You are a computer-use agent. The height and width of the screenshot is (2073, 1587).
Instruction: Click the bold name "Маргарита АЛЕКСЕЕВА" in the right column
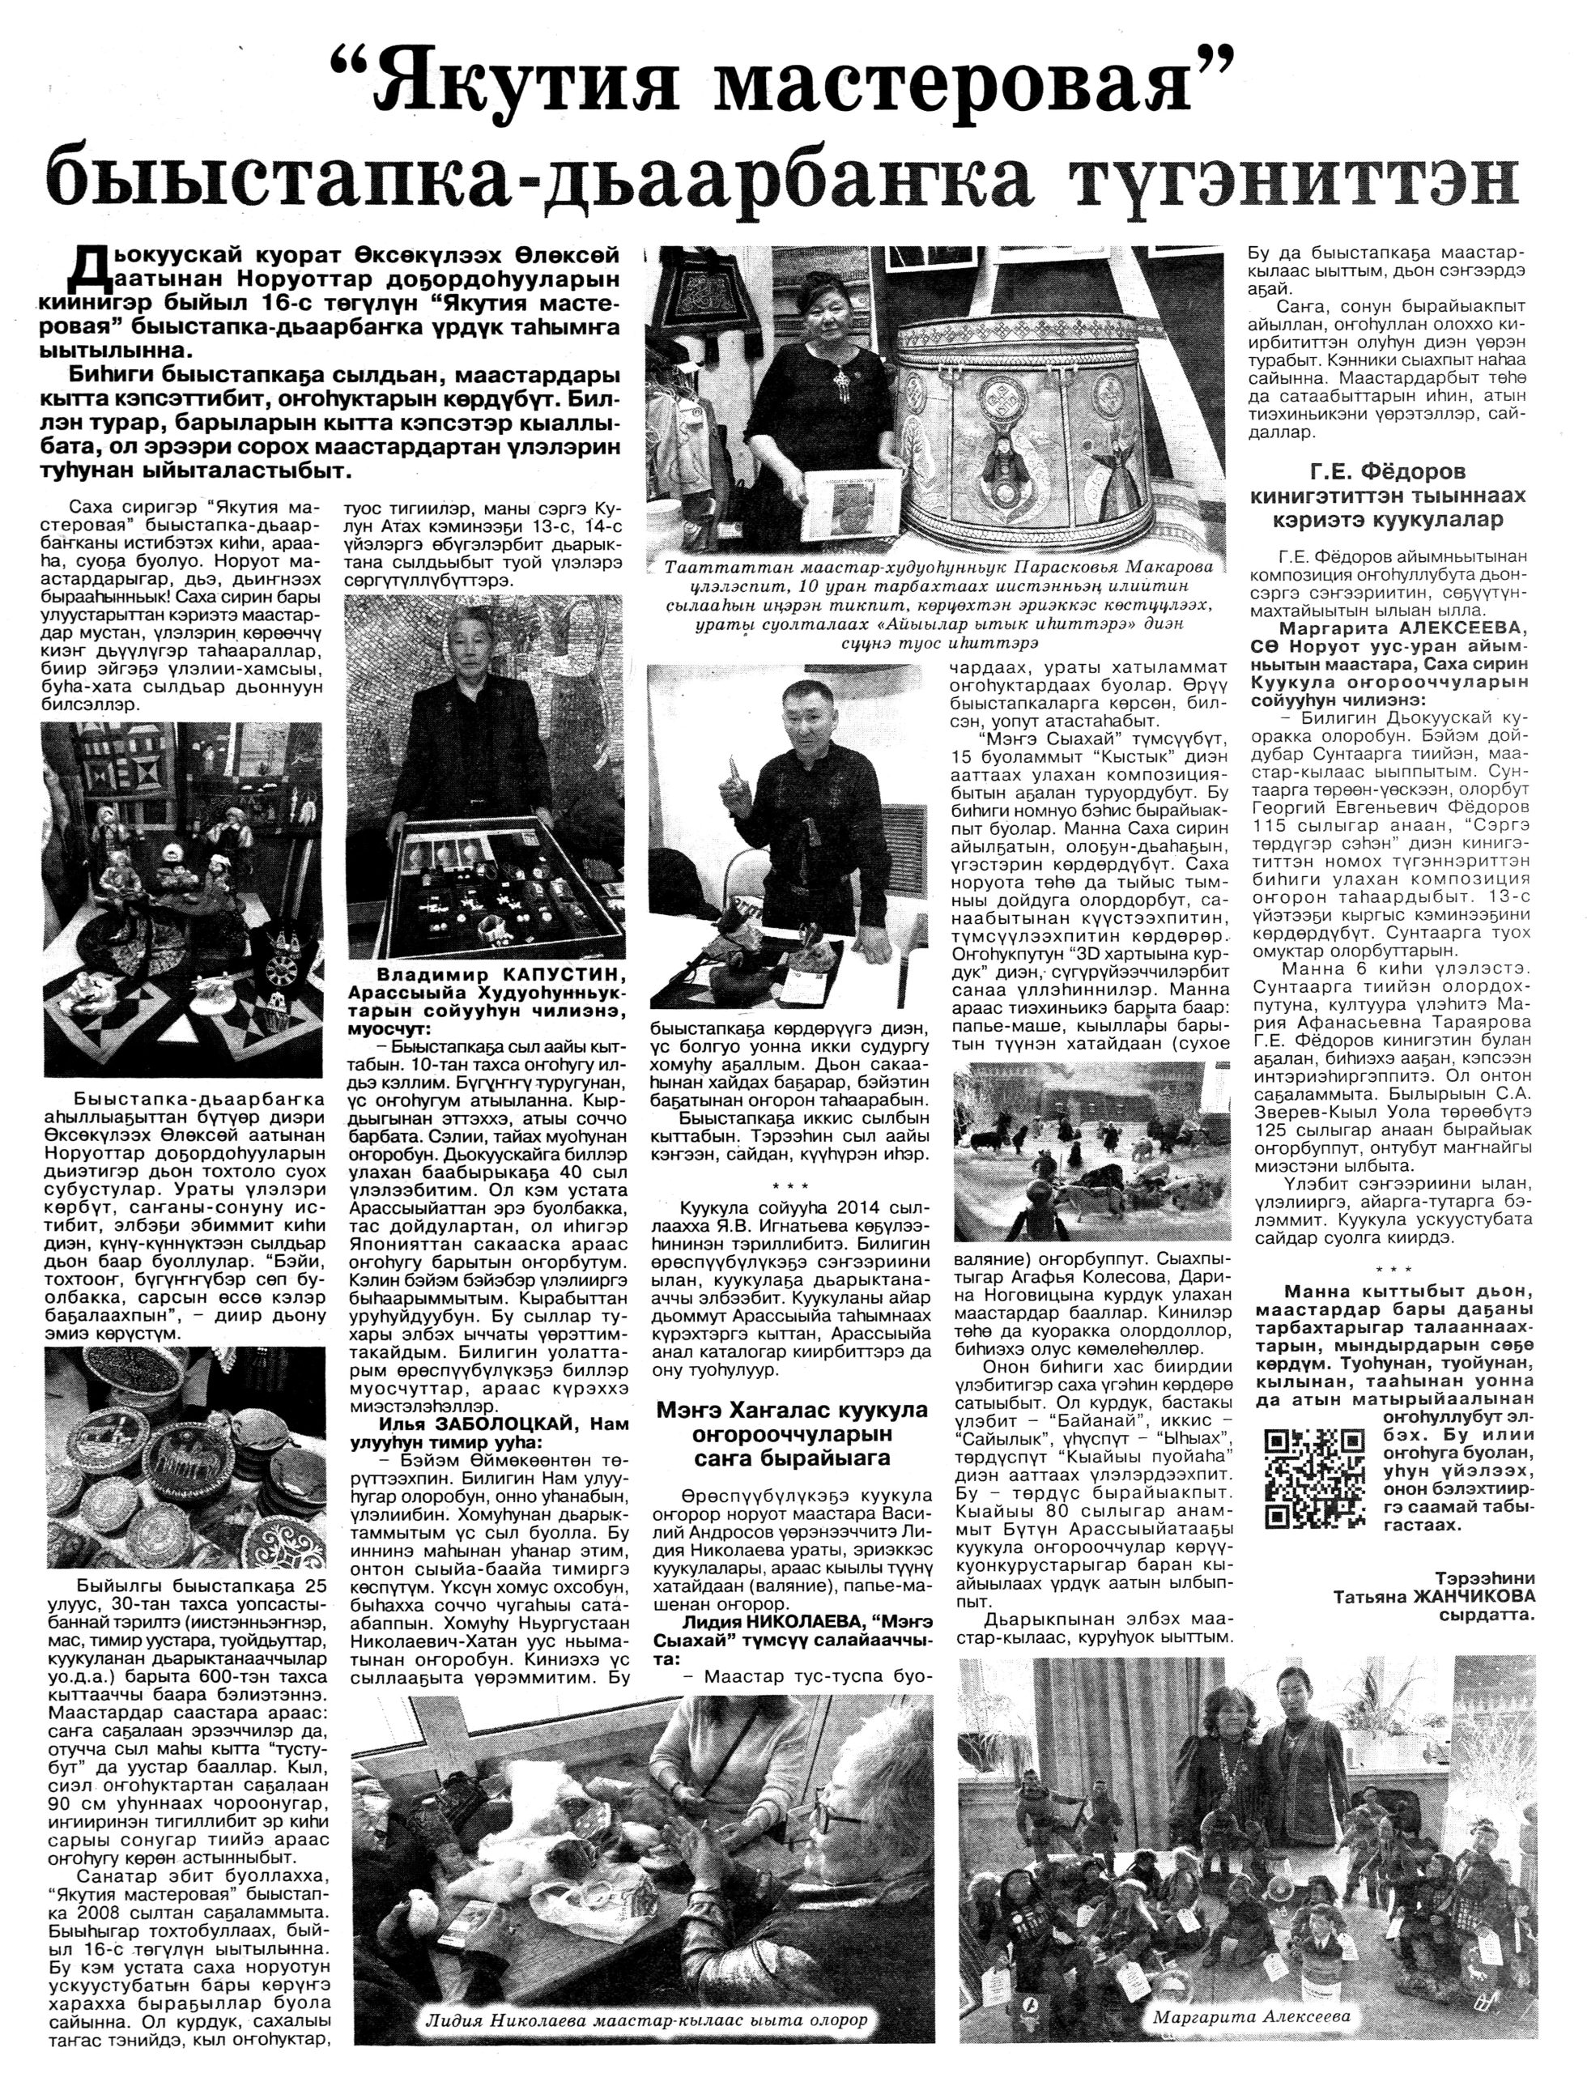point(1378,628)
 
